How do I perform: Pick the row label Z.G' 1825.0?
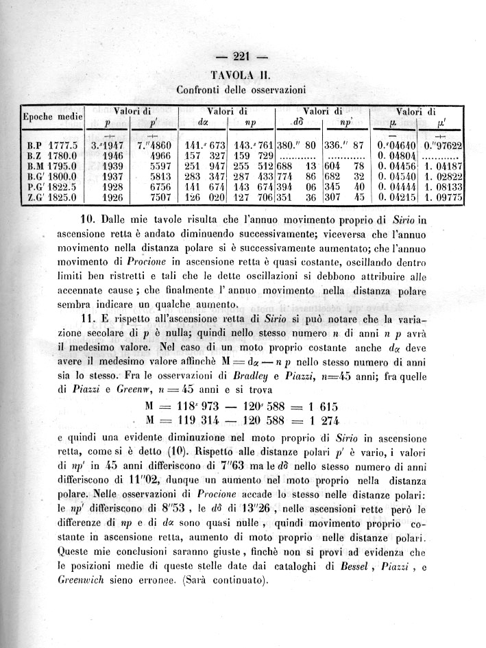(51, 198)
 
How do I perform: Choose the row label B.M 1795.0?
(51, 167)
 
